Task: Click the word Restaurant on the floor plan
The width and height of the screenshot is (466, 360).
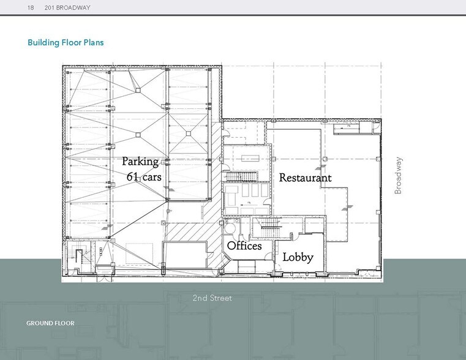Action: click(x=305, y=178)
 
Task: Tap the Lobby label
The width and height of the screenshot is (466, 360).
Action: click(x=298, y=257)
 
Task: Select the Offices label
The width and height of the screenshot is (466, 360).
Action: click(x=244, y=246)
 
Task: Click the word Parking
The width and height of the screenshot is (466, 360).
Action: click(x=140, y=162)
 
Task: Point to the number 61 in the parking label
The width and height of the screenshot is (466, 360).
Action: click(x=133, y=177)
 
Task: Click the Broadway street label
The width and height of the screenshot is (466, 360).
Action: click(x=399, y=176)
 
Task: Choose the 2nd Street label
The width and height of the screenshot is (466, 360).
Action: click(x=212, y=298)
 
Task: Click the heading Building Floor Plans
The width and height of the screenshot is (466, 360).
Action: click(x=66, y=43)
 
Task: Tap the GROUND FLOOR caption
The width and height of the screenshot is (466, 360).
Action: click(x=50, y=323)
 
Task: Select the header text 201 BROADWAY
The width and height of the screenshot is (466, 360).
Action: click(x=67, y=7)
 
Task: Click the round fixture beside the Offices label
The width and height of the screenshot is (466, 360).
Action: click(x=230, y=228)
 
